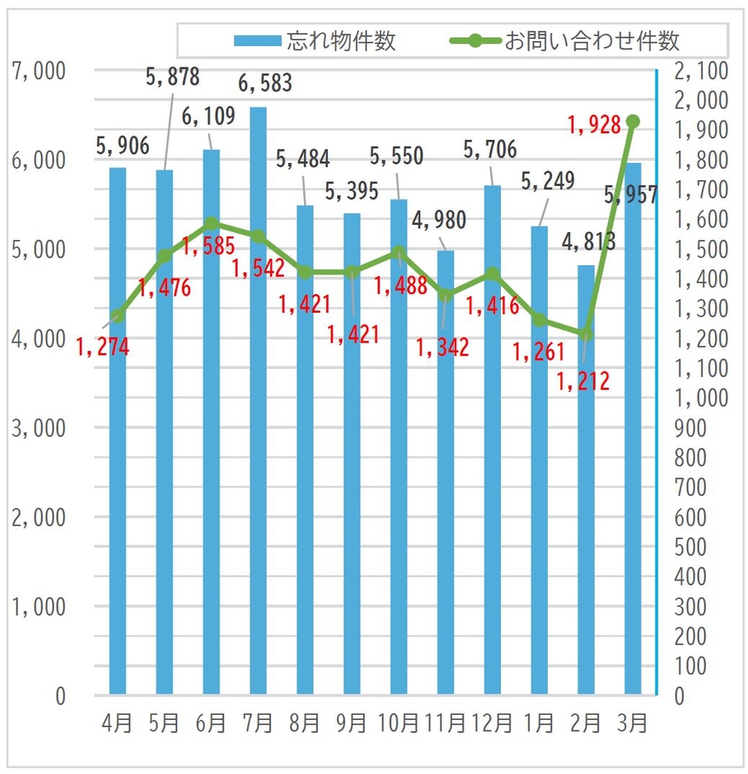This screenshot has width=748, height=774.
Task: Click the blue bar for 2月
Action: tap(586, 478)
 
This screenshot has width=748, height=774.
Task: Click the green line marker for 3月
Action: tap(633, 122)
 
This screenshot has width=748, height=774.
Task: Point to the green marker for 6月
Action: tap(211, 223)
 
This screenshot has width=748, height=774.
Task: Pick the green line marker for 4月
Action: tap(118, 316)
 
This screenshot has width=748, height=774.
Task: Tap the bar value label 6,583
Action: tap(264, 83)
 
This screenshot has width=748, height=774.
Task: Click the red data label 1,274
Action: tap(102, 347)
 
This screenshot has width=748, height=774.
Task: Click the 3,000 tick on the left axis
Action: tap(39, 428)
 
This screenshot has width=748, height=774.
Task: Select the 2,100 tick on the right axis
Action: tap(700, 71)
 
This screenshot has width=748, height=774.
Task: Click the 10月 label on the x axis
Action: tap(399, 724)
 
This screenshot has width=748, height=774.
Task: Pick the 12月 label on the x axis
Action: tap(493, 724)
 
